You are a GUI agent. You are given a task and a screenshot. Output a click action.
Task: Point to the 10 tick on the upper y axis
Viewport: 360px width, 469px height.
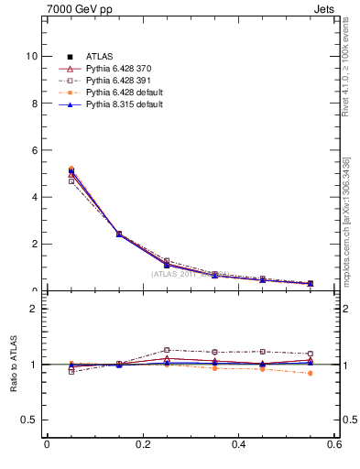point(31,56)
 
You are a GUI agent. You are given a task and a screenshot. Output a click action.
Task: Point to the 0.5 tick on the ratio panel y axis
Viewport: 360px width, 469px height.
point(29,420)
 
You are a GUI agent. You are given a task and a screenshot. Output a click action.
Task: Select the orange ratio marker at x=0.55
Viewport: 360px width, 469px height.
point(311,373)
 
